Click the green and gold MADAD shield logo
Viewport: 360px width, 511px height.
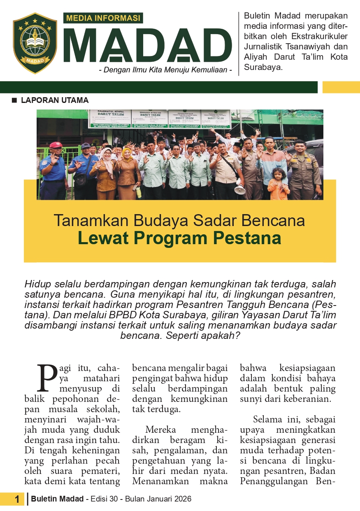pos(35,43)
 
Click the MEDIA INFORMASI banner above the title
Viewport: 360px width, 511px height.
pos(103,18)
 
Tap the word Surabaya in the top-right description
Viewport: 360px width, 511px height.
pos(263,67)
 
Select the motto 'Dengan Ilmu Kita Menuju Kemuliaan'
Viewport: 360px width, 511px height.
pos(165,70)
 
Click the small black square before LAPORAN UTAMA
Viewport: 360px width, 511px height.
pos(15,100)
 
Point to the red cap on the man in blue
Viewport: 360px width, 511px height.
pos(56,145)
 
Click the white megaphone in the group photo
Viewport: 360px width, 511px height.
pos(240,189)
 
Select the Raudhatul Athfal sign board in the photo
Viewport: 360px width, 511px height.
pos(111,118)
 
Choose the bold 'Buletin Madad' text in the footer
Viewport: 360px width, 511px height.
pos(58,499)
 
